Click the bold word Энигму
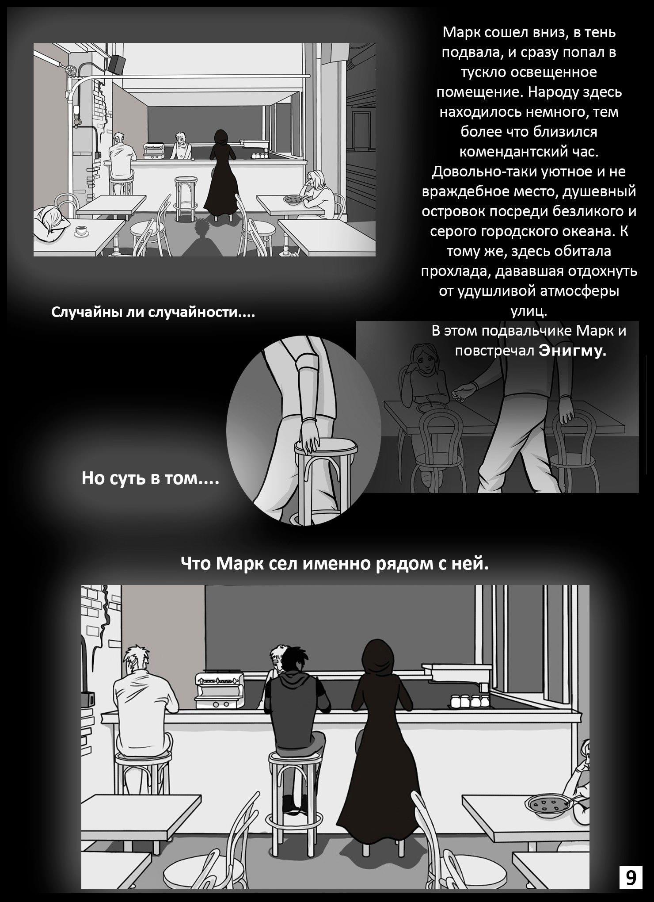coord(572,351)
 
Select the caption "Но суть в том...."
coord(151,478)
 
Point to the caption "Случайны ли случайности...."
coord(153,313)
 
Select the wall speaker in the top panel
coord(116,64)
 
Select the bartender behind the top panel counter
coord(181,145)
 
